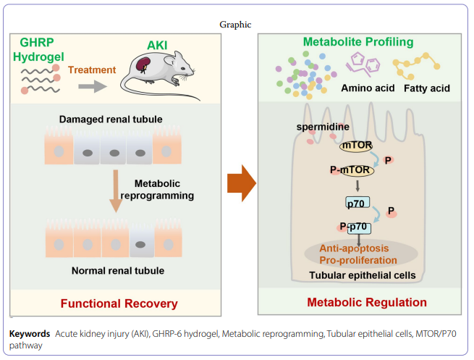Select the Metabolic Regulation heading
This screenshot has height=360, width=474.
pos(367,302)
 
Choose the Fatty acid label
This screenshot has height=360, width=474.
pos(426,88)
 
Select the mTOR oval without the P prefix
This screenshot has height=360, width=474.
pos(357,146)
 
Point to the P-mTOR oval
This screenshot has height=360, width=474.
pos(352,170)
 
